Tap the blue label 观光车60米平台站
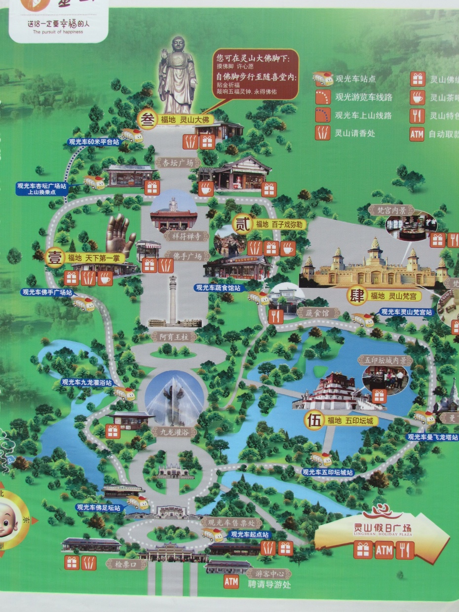pyautogui.click(x=94, y=142)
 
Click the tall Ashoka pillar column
pyautogui.click(x=173, y=299)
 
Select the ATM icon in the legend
pyautogui.click(x=417, y=134)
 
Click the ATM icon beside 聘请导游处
pyautogui.click(x=231, y=582)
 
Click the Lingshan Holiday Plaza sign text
pyautogui.click(x=382, y=528)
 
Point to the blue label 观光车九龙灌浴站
pyautogui.click(x=87, y=382)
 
